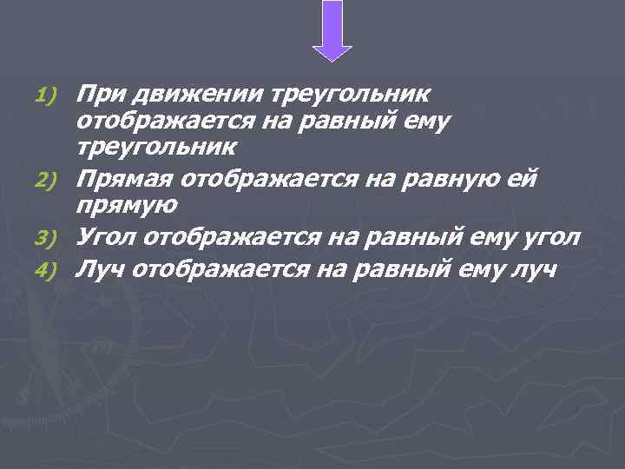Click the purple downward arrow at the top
(332, 30)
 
